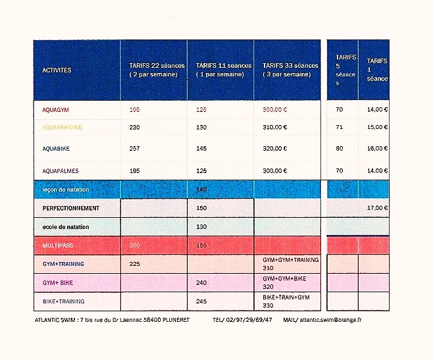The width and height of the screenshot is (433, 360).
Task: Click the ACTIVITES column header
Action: [x=57, y=70]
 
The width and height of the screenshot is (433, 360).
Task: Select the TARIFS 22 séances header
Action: [x=153, y=70]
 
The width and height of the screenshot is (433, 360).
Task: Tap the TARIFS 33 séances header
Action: [x=290, y=70]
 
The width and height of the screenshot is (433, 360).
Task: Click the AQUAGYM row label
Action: [x=53, y=109]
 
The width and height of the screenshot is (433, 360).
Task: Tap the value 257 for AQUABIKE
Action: [x=135, y=149]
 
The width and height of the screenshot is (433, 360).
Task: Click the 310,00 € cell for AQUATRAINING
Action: [x=274, y=127]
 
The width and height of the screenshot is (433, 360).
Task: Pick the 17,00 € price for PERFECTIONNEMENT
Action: [x=377, y=209]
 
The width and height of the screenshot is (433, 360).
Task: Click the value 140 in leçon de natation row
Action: [x=202, y=190]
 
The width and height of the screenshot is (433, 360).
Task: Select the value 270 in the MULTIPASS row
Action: [x=135, y=245]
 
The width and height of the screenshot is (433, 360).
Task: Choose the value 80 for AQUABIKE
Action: [x=340, y=149]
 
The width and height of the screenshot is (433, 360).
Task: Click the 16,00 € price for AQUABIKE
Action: [x=377, y=149]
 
